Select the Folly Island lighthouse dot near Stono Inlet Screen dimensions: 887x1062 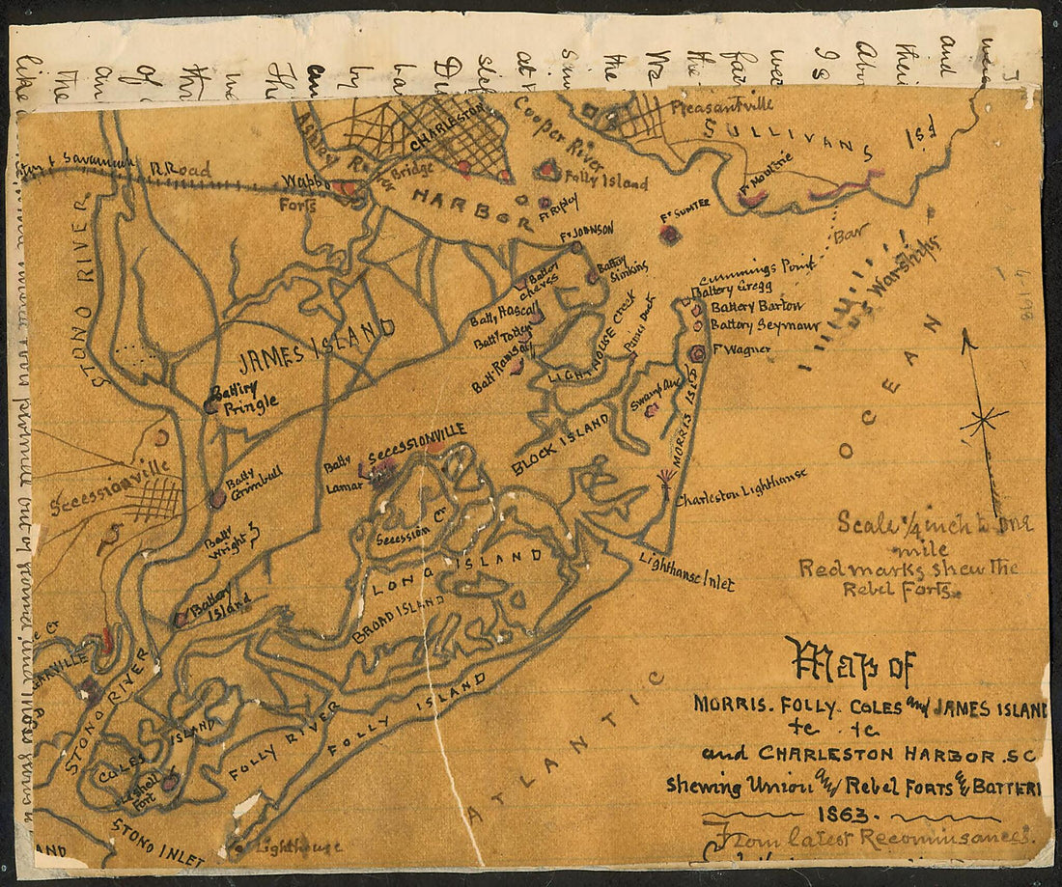coord(238,849)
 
